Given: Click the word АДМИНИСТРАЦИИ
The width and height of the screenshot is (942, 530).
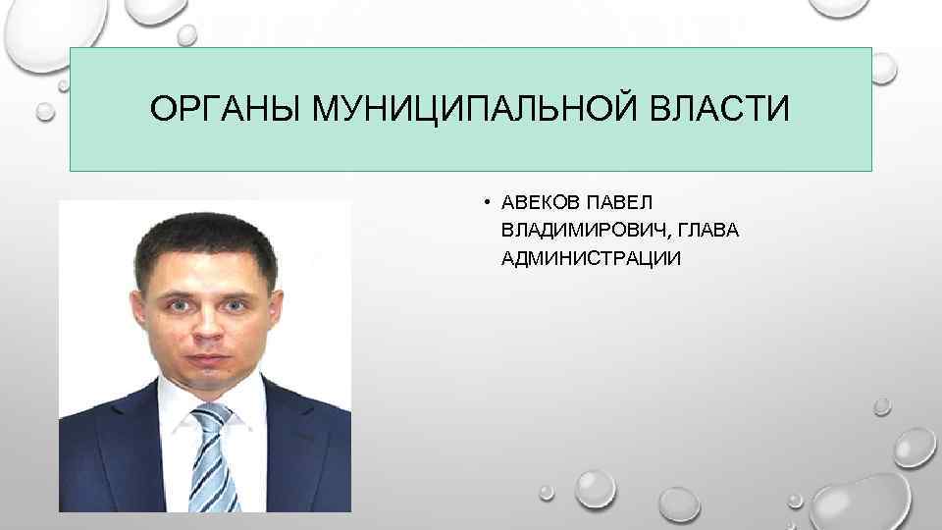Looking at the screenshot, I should pos(591,257).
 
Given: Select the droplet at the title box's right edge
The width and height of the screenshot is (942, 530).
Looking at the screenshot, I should pos(883,67).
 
